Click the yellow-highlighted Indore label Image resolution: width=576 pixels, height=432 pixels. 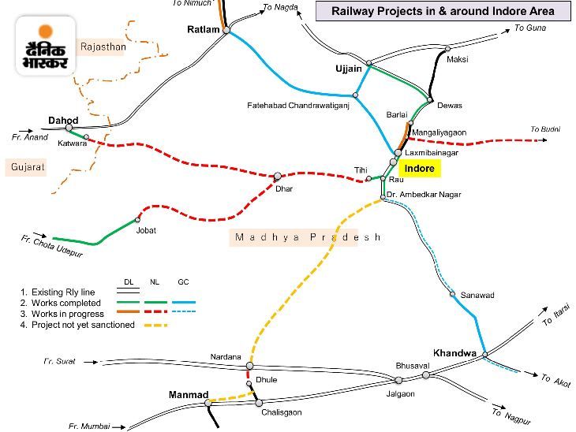point(419,168)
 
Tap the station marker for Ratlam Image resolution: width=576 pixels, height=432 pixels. point(226,31)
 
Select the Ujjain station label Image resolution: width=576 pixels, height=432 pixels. point(349,69)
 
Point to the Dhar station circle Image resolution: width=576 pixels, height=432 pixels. point(278,176)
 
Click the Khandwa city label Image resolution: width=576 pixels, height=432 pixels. point(454,353)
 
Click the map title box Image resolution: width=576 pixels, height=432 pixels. point(444,11)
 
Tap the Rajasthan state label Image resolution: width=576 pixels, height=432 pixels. point(103,47)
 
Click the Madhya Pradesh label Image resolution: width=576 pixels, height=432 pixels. point(308,237)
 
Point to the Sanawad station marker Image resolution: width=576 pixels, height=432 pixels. point(453,295)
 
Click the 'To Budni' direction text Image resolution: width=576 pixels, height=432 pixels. point(544,128)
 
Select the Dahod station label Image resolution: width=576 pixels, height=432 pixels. point(62,120)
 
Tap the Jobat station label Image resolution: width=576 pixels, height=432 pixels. point(146,230)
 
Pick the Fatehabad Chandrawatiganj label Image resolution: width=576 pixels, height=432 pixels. point(297,104)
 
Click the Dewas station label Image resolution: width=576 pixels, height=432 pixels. point(449,106)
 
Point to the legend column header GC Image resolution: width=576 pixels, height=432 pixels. point(183,281)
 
